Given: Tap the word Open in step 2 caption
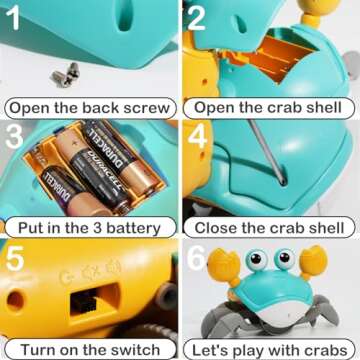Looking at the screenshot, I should pyautogui.click(x=217, y=108).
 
